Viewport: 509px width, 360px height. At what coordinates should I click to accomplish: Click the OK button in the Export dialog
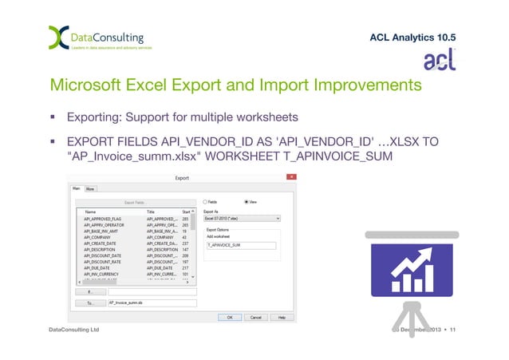[x=229, y=317]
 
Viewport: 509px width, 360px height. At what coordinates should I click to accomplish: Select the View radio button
[x=247, y=202]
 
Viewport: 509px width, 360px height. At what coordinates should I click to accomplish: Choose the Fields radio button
[x=206, y=202]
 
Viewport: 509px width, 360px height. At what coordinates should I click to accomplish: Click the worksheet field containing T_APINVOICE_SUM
[x=240, y=246]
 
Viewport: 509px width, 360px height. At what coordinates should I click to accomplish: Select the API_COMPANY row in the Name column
[x=97, y=238]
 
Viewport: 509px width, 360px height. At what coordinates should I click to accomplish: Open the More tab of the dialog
[x=91, y=189]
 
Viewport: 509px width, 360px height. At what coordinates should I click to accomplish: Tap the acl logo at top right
[x=439, y=61]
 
